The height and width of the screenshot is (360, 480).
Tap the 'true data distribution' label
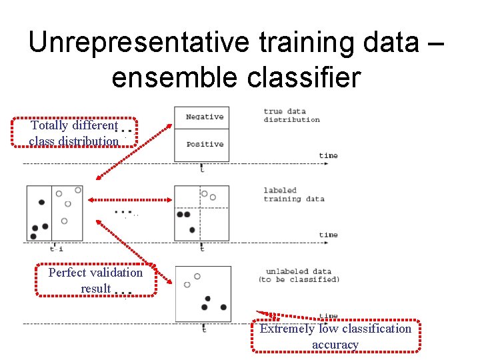291,115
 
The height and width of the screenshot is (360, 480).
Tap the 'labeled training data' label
293,195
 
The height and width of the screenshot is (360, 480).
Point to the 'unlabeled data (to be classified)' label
298,275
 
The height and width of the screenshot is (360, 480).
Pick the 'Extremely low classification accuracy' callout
335,336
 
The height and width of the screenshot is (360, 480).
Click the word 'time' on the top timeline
328,156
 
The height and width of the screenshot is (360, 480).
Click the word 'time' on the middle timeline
328,235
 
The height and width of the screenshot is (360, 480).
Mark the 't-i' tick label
57,249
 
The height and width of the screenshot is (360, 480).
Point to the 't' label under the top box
202,169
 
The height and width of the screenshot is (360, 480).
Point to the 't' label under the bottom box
204,329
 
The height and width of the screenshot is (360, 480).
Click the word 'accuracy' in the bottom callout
335,345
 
